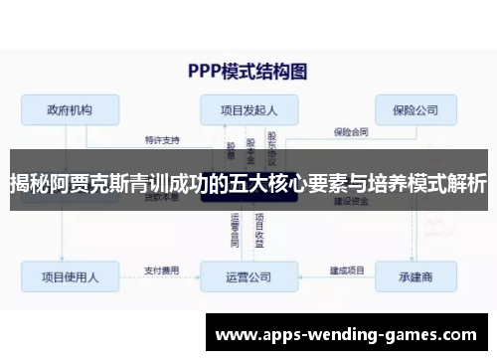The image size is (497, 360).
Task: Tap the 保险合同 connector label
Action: pos(351,129)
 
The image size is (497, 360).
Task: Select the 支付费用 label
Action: pos(162,269)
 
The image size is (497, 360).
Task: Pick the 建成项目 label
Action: pos(347,269)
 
